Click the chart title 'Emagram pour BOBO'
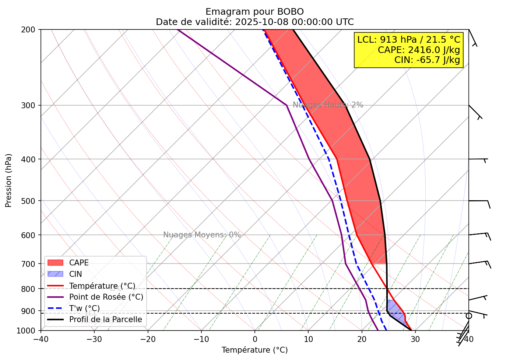point(254,12)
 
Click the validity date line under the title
point(254,22)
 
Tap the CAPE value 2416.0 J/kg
point(419,50)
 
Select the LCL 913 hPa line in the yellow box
point(409,40)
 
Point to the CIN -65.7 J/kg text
point(427,60)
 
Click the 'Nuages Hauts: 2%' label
point(328,105)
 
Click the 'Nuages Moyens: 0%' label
point(202,235)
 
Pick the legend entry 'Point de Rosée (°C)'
point(106,297)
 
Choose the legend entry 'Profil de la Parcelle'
point(105,320)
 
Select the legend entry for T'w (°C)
point(84,308)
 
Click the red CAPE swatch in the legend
point(56,263)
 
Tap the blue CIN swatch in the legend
point(56,274)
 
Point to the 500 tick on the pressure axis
point(31,201)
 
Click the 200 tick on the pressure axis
point(31,29)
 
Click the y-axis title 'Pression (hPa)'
point(8,180)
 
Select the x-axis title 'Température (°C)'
point(254,350)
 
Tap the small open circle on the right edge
point(469,316)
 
